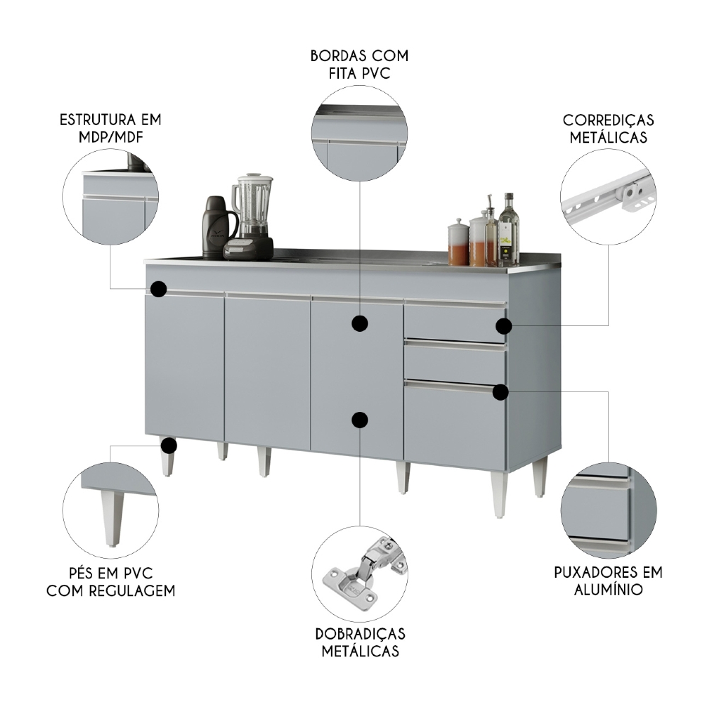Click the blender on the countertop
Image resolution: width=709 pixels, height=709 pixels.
251,213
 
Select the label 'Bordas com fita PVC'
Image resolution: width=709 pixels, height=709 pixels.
359,64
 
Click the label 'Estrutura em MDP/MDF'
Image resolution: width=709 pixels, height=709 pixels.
111,127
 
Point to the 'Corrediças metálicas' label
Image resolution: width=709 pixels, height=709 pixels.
608,128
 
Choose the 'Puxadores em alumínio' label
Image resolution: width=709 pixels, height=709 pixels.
608,580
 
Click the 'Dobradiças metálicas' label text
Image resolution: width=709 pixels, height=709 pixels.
360,642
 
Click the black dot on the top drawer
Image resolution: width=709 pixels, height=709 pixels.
503,326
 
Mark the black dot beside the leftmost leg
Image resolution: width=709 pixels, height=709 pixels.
168,445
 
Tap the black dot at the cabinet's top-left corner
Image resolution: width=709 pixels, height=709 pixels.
159,289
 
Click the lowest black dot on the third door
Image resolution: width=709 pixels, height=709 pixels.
360,420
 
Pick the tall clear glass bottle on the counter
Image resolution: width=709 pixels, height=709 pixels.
508,231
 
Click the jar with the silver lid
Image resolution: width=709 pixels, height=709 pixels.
458,242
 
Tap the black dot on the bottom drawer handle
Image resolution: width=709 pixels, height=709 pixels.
501,391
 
